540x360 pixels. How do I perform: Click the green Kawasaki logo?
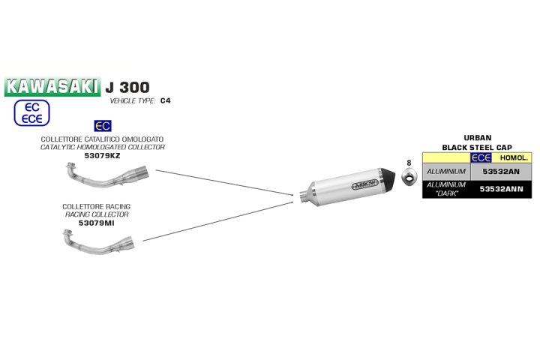click(x=52, y=86)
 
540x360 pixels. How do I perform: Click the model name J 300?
click(x=127, y=87)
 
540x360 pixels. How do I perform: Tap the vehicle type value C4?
click(x=165, y=100)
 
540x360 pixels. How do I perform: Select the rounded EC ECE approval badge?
click(x=31, y=112)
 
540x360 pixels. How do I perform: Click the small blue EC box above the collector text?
click(x=103, y=126)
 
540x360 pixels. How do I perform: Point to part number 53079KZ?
click(x=102, y=156)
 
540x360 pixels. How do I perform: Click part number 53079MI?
click(x=97, y=223)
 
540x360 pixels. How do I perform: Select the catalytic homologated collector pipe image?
click(x=106, y=175)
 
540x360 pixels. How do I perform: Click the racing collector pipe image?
click(x=99, y=241)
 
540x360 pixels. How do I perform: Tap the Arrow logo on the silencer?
click(x=364, y=184)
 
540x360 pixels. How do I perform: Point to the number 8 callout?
click(x=409, y=163)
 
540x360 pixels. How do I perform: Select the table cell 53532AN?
click(x=501, y=172)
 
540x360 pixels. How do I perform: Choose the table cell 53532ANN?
click(x=501, y=189)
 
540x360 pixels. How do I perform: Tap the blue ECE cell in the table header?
click(x=481, y=157)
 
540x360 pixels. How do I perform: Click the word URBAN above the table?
click(x=477, y=138)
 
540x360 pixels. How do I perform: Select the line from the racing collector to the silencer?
click(x=217, y=221)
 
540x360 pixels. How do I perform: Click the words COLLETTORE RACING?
click(x=97, y=207)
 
